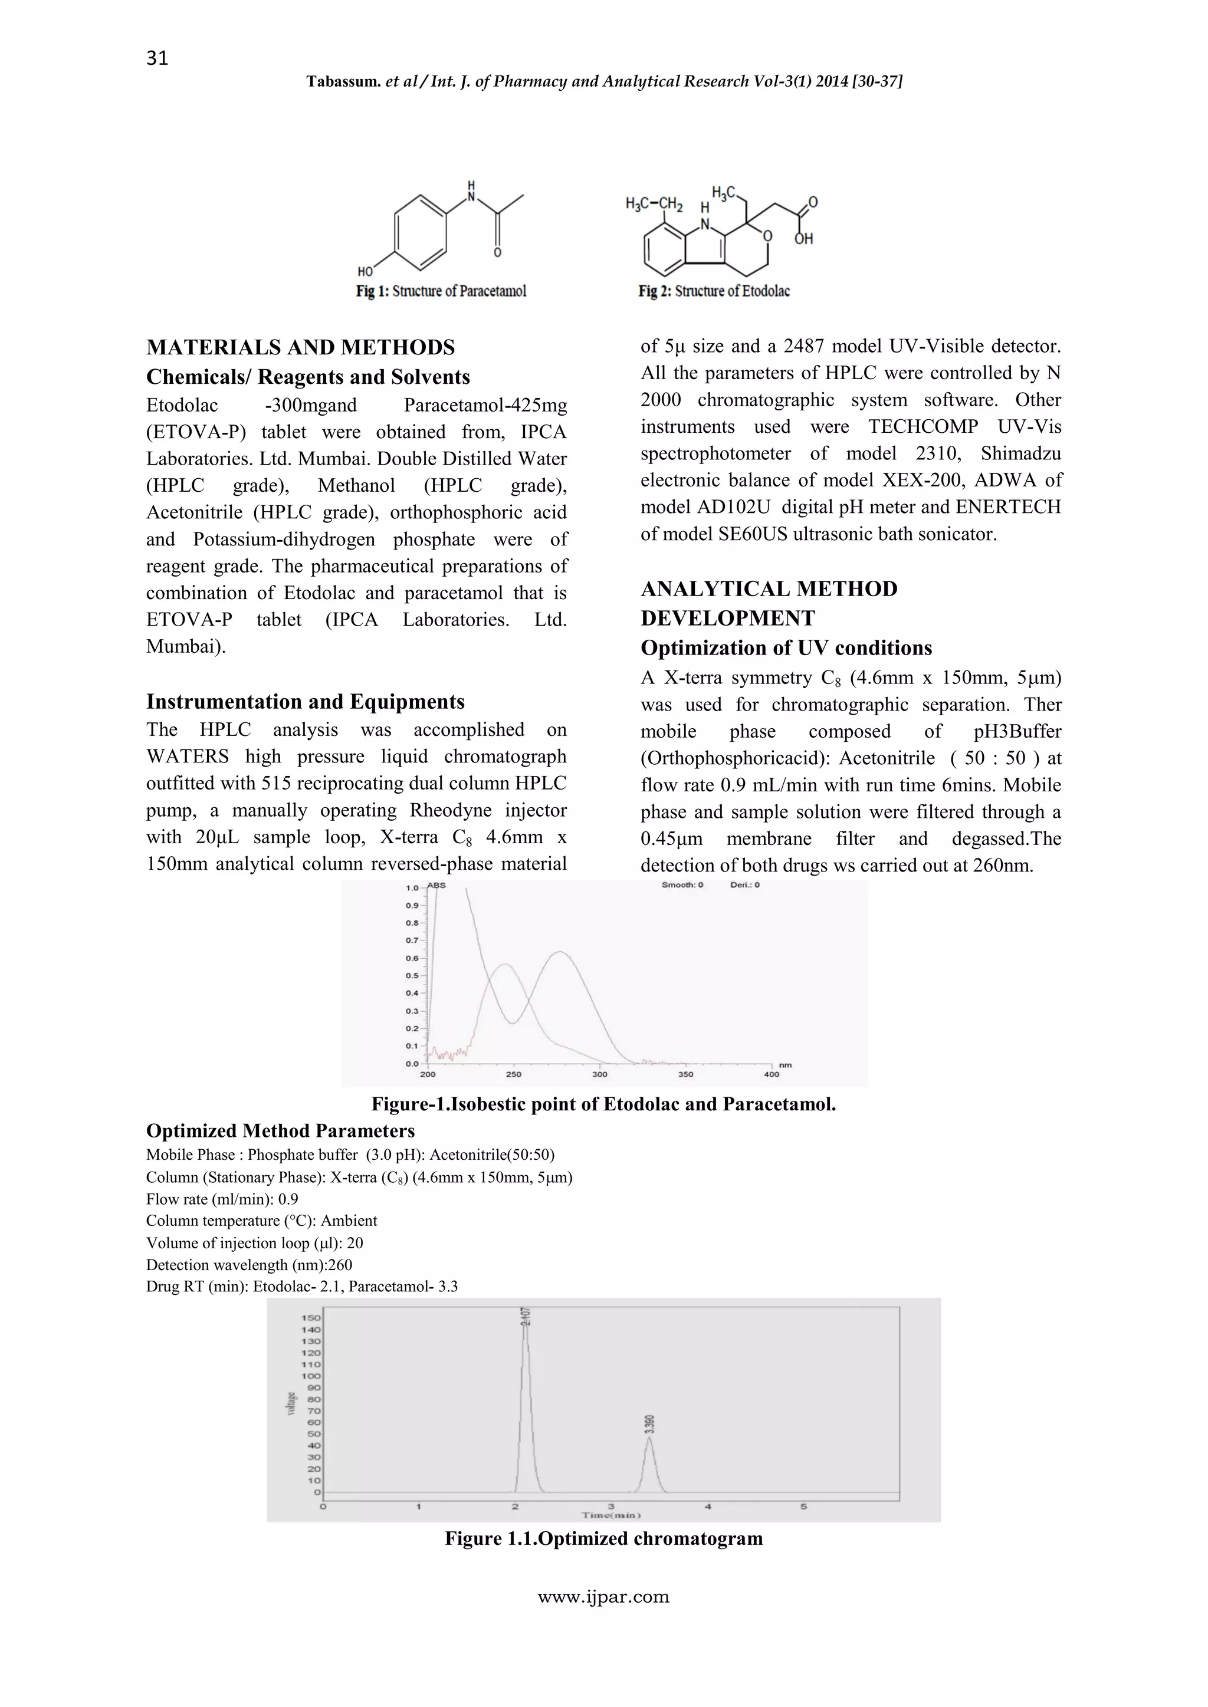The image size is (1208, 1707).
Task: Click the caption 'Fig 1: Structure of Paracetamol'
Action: click(x=441, y=291)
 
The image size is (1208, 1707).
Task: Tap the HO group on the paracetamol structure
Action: click(x=365, y=271)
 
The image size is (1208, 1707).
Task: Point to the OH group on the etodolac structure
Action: click(x=803, y=239)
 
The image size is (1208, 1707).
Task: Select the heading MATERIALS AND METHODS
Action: click(x=300, y=347)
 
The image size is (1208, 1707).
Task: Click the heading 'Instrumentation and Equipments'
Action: click(x=305, y=701)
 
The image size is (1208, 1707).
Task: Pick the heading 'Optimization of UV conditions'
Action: click(x=786, y=647)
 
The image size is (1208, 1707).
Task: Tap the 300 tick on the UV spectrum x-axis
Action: click(x=599, y=1074)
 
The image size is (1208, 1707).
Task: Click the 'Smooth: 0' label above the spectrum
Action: click(x=682, y=884)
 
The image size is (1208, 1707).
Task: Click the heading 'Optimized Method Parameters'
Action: click(x=280, y=1131)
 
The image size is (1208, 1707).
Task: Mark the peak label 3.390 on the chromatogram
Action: click(x=649, y=1424)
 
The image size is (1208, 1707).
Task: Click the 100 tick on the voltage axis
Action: click(x=311, y=1376)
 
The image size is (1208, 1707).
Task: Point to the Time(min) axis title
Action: click(x=612, y=1515)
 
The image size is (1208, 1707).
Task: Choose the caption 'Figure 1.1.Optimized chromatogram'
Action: click(x=603, y=1538)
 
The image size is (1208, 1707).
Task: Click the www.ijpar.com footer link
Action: click(x=603, y=1596)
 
